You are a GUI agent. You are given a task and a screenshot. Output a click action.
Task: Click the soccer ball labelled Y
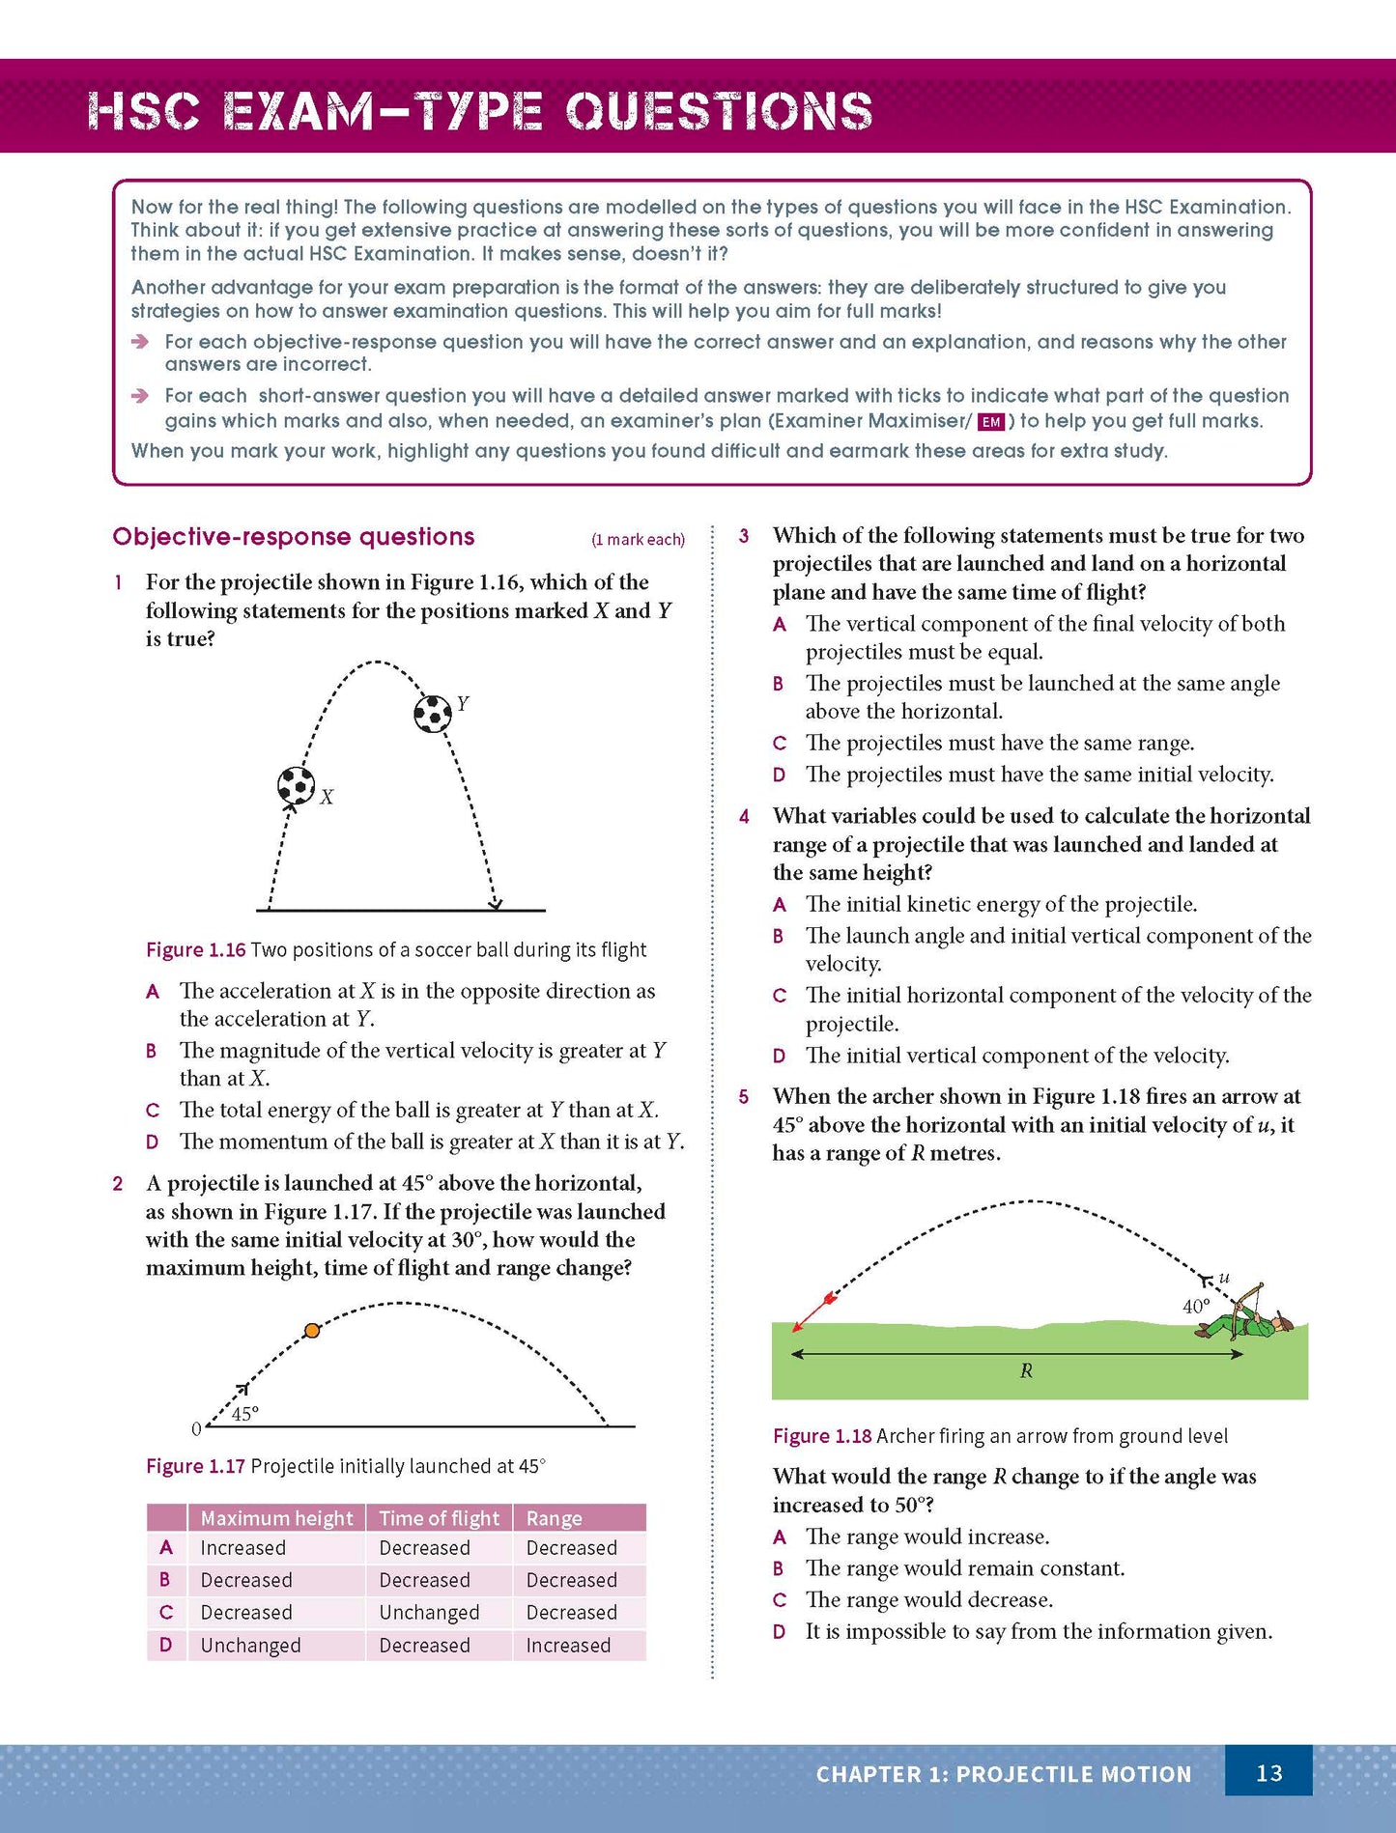432,714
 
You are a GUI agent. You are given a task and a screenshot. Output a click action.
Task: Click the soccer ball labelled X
296,785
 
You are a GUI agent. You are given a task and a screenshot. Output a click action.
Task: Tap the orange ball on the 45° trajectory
312,1330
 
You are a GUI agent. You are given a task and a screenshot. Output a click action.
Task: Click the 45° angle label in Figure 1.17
245,1414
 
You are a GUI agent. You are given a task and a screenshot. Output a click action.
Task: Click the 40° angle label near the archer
1196,1306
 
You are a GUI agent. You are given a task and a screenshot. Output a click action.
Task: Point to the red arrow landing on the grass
813,1313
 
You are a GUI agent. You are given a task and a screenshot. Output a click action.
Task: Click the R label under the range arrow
1026,1370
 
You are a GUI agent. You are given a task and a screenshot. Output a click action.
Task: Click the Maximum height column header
276,1518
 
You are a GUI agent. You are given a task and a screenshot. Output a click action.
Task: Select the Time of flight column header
439,1518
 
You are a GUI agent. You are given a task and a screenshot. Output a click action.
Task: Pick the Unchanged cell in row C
429,1612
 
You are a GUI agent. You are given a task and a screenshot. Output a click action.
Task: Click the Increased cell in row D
568,1645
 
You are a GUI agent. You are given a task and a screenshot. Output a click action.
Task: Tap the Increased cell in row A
242,1547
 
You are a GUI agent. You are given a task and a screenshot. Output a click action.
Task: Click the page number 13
1268,1772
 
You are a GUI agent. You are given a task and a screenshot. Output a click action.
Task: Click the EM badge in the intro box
991,422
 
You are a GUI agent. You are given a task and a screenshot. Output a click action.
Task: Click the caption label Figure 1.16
196,949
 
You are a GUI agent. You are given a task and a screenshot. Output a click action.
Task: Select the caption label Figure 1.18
822,1435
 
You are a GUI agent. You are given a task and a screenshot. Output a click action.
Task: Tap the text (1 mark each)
638,539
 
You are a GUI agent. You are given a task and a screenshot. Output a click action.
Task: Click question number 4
744,816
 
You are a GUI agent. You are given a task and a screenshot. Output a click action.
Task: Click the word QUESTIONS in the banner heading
719,111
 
